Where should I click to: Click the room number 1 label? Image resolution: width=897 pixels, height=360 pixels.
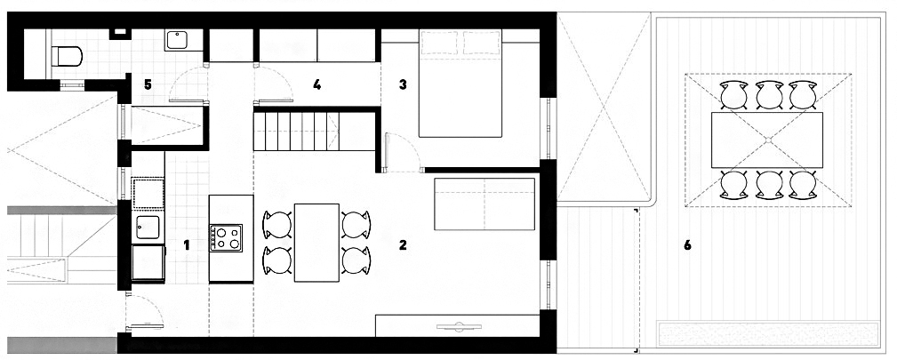(187, 245)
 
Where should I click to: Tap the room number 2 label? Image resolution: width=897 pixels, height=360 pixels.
(403, 245)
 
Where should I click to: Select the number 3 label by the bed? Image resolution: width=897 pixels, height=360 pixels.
(403, 84)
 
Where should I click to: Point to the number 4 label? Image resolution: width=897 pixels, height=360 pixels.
(316, 84)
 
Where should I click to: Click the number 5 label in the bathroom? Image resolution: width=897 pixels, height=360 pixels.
(148, 84)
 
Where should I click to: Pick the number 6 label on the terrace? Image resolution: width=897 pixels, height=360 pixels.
(687, 245)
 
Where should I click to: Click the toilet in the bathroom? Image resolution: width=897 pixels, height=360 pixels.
(67, 56)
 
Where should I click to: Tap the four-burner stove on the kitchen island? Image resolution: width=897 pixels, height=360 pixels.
(226, 237)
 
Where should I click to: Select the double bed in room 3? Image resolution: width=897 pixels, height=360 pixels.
(461, 84)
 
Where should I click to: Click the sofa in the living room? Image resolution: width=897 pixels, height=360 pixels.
(485, 204)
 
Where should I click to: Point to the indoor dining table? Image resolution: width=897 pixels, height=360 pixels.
(316, 242)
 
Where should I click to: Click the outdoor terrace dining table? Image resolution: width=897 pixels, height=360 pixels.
(767, 140)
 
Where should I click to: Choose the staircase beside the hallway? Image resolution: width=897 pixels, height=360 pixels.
(296, 132)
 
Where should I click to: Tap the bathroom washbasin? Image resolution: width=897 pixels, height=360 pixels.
(178, 41)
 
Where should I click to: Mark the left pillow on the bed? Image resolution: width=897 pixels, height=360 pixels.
(440, 41)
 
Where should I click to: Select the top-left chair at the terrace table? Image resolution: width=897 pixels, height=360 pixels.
(734, 95)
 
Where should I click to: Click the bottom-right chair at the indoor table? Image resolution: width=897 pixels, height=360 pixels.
(356, 260)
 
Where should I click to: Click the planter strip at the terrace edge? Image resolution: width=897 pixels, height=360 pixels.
(768, 333)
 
